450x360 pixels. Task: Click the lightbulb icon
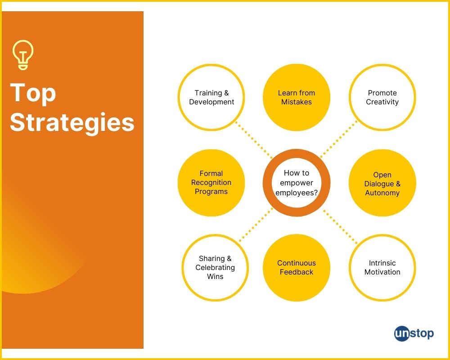[x=23, y=54]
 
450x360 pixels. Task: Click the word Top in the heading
[x=33, y=93]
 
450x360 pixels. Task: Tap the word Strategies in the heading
[x=72, y=122]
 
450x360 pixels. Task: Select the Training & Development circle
[x=211, y=97]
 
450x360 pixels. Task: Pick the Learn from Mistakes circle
[x=297, y=97]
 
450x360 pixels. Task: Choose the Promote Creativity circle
[x=382, y=97]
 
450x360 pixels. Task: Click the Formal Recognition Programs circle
[x=211, y=183]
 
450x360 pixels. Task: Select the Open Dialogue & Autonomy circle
[x=382, y=183]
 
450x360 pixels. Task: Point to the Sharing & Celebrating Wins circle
[x=215, y=268]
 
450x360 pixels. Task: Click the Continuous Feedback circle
[x=297, y=268]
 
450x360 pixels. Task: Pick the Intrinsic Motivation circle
[x=382, y=268]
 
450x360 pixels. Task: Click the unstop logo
[x=414, y=333]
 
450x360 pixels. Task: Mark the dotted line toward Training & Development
[x=254, y=140]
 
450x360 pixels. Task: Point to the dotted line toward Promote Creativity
[x=339, y=139]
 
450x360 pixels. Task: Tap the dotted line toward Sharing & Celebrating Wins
[x=256, y=225]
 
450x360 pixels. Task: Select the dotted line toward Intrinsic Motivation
[x=340, y=227]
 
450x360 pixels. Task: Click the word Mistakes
[x=297, y=102]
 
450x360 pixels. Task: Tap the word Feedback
[x=297, y=272]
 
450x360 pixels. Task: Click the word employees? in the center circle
[x=297, y=193]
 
